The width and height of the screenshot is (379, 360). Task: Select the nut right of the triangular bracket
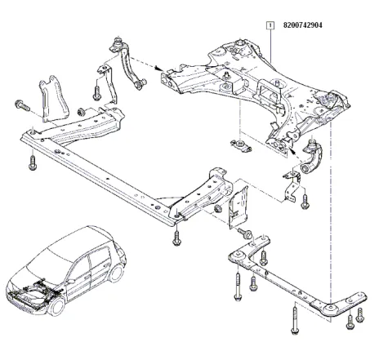[x=81, y=110]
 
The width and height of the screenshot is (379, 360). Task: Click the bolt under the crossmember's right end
[x=176, y=238]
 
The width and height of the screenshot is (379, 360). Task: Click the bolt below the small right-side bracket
[x=304, y=197]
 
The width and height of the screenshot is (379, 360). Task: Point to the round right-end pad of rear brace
[x=329, y=308]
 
